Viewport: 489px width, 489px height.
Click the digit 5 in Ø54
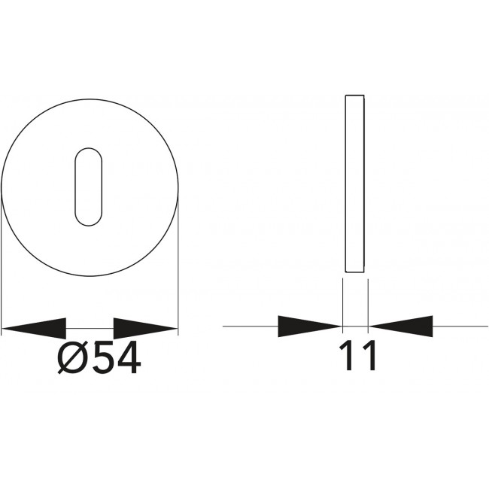click(x=105, y=357)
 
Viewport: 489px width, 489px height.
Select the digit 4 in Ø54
click(x=129, y=357)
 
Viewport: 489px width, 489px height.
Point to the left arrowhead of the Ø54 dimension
click(x=34, y=329)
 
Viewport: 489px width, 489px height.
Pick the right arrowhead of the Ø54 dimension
click(x=146, y=329)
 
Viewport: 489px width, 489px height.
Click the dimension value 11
click(x=357, y=356)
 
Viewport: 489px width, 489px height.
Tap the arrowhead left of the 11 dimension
click(x=310, y=327)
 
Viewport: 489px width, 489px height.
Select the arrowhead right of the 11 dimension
click(x=401, y=327)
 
